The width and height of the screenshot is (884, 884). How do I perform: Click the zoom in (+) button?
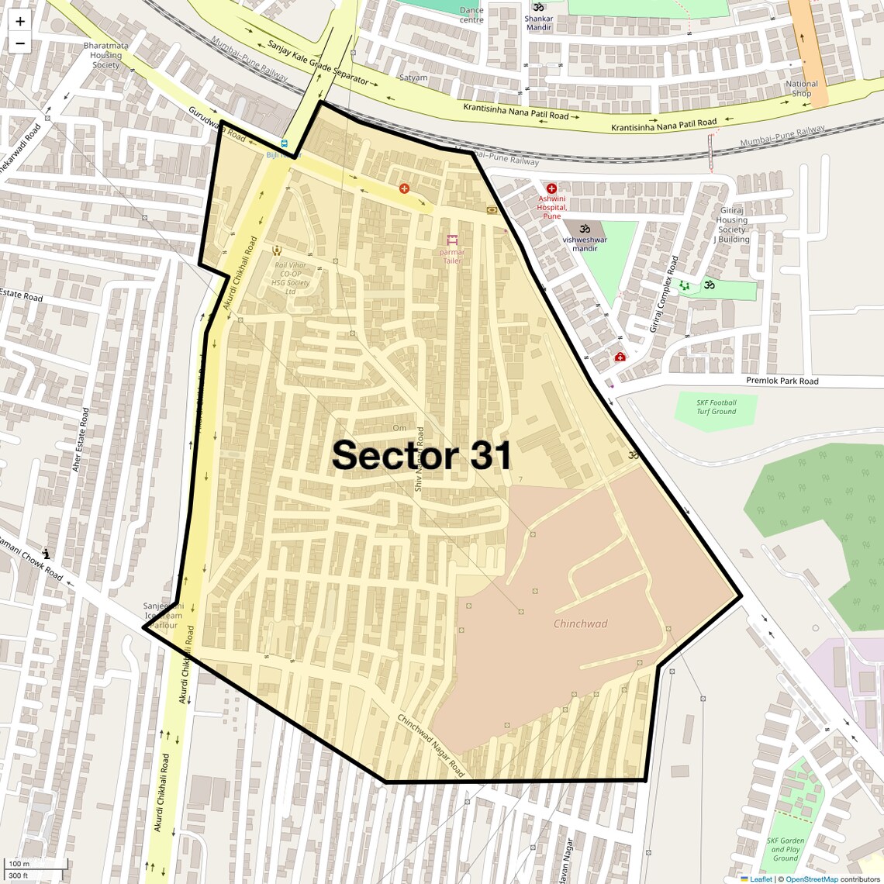tap(20, 22)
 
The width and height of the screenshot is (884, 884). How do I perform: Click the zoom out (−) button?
tap(20, 43)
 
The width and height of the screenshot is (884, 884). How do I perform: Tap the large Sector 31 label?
tap(422, 455)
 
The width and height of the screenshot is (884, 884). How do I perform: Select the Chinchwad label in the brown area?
tap(580, 623)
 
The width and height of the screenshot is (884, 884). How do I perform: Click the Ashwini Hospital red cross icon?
tap(551, 188)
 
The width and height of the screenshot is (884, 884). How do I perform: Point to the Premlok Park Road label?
tap(782, 381)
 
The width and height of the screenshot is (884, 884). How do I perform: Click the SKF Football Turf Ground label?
tap(716, 407)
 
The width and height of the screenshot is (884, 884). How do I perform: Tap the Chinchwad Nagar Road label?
tap(430, 746)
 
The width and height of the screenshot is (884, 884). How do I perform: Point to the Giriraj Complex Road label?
tap(663, 293)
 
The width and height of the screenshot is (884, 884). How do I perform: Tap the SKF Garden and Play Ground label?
tap(785, 849)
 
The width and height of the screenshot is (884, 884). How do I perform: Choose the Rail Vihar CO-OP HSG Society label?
tap(291, 278)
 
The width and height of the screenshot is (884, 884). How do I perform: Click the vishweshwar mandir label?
tap(585, 244)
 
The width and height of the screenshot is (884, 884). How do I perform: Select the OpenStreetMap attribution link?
tap(811, 879)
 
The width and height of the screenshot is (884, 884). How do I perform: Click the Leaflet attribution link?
tap(760, 879)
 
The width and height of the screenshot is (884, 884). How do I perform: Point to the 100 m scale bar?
tap(36, 864)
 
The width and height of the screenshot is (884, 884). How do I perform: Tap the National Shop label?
tap(801, 88)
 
